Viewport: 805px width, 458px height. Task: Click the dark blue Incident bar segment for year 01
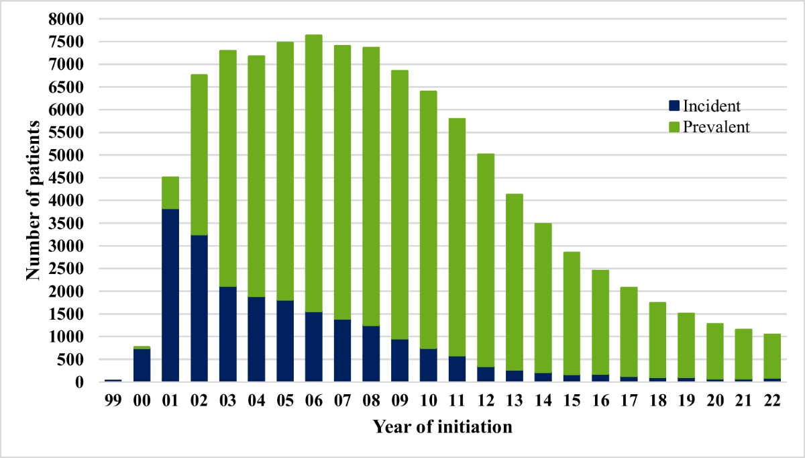(x=170, y=295)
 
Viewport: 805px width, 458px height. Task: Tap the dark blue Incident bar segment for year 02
(x=199, y=308)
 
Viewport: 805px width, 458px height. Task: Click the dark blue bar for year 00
(x=142, y=365)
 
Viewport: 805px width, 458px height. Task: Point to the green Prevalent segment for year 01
(x=170, y=193)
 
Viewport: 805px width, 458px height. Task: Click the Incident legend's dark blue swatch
(x=674, y=105)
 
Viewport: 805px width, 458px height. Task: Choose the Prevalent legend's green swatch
(x=674, y=126)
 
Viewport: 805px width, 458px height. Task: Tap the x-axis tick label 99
(x=113, y=401)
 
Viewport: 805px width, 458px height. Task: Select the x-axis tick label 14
(x=542, y=401)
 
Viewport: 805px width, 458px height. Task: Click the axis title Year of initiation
(x=443, y=427)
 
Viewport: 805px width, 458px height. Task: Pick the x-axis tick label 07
(x=342, y=401)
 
